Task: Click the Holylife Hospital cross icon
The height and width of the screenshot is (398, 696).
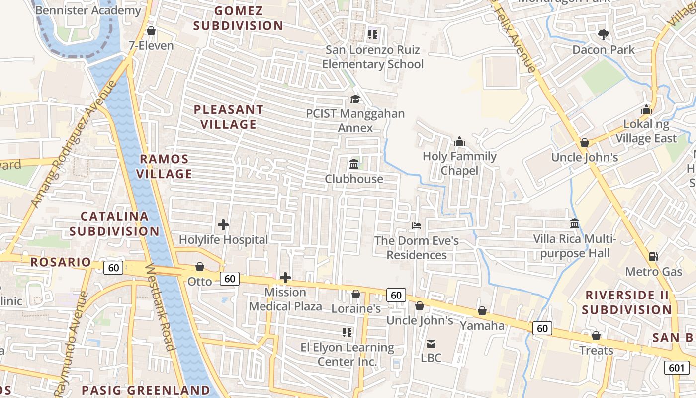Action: [223, 225]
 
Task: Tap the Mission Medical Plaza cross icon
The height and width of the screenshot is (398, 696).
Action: [285, 278]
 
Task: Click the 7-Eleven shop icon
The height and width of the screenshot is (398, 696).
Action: [151, 31]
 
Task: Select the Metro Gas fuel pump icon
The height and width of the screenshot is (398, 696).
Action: [653, 257]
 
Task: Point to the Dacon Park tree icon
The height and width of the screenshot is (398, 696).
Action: [603, 34]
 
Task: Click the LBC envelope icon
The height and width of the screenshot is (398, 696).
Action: [431, 343]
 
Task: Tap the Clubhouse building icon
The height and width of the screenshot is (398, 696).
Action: [354, 164]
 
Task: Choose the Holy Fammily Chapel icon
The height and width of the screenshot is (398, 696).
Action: [459, 142]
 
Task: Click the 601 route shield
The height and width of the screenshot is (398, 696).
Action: [677, 368]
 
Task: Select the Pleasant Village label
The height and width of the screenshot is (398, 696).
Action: [229, 117]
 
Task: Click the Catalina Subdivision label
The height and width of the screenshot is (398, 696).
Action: [114, 224]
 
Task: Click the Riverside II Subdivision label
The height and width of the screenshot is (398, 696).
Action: [627, 302]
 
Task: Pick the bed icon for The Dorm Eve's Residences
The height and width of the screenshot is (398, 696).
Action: [417, 226]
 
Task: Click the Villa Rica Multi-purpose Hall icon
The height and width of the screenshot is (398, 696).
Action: [575, 224]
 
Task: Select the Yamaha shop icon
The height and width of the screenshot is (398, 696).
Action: [482, 311]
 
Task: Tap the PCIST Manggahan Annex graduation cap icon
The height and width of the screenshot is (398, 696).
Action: [355, 99]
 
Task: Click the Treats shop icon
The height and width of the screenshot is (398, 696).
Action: [596, 336]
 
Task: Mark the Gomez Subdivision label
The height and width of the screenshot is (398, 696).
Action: [238, 18]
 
